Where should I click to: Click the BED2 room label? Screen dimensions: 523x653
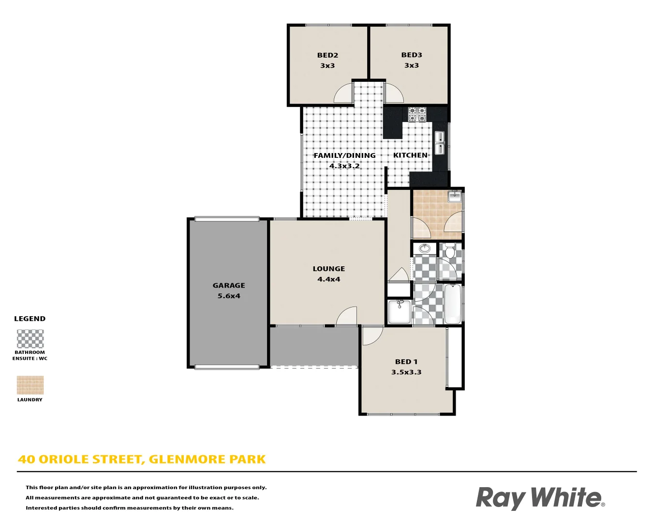(327, 55)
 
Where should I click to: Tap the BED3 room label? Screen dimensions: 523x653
(412, 55)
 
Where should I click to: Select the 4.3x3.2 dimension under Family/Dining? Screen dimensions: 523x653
(344, 166)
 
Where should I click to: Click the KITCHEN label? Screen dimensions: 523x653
(410, 155)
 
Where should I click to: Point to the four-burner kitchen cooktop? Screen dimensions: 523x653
(417, 114)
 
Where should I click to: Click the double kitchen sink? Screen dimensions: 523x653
(440, 142)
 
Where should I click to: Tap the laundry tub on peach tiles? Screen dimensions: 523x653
(454, 197)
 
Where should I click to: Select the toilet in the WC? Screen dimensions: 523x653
(450, 251)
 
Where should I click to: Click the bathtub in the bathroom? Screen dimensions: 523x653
(453, 304)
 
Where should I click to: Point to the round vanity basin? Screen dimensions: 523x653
(425, 248)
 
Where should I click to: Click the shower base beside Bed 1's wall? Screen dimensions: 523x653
(399, 312)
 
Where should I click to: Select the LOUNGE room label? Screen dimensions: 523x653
(329, 269)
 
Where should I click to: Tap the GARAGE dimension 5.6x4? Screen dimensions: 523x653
(229, 296)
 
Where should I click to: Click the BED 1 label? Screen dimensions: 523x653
(406, 362)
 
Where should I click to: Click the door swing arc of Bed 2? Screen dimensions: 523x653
(344, 93)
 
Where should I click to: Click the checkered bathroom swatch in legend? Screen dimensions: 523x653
(30, 339)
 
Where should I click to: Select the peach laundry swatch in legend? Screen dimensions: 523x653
(30, 385)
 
